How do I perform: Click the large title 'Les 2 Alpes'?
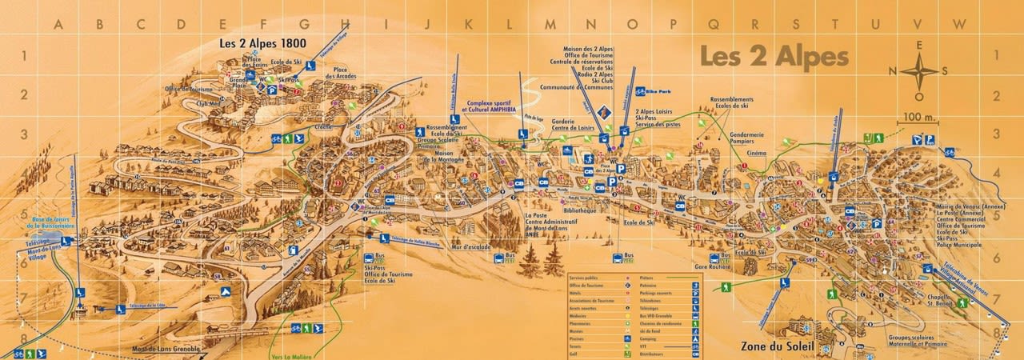point(773,58)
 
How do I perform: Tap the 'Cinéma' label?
point(756,153)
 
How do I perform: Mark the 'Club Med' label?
point(207,102)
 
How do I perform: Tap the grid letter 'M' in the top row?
point(550,24)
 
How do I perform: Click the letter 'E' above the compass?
point(919,46)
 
